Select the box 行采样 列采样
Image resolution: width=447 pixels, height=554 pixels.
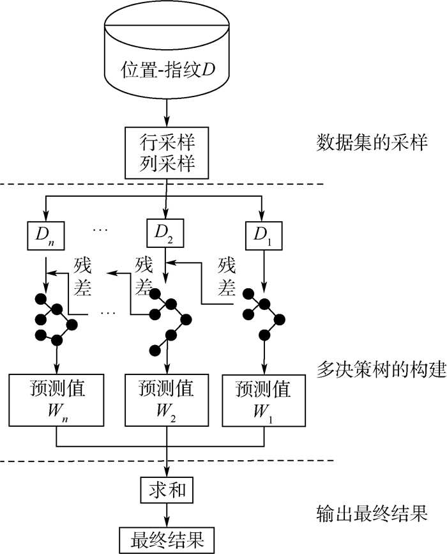click(x=167, y=153)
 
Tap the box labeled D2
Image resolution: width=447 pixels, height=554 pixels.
click(x=165, y=234)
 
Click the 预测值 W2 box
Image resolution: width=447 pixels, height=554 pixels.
click(x=166, y=400)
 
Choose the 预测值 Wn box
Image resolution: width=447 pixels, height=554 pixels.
click(x=57, y=400)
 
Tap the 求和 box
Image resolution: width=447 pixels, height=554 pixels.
click(x=167, y=490)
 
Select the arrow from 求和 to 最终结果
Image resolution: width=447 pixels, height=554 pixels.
click(x=167, y=514)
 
